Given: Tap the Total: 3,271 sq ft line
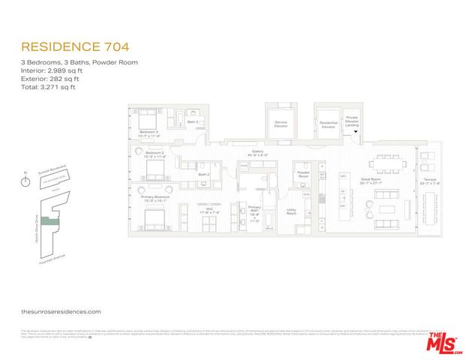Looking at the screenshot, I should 48,87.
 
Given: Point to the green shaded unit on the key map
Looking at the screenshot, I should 50,221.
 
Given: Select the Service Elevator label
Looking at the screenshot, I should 281,124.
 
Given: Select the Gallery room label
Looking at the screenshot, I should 257,152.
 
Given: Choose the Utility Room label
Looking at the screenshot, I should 291,212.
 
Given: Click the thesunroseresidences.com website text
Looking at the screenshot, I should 61,310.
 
